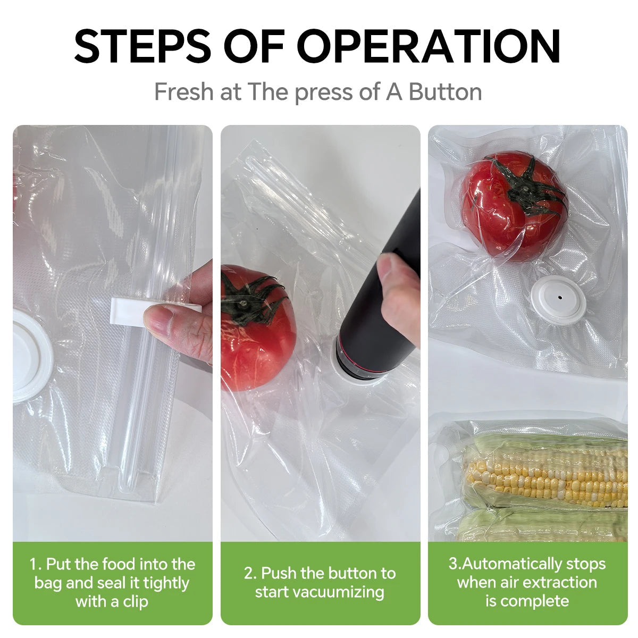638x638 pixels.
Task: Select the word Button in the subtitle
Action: tap(445, 92)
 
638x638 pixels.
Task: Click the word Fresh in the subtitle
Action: tap(183, 92)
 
